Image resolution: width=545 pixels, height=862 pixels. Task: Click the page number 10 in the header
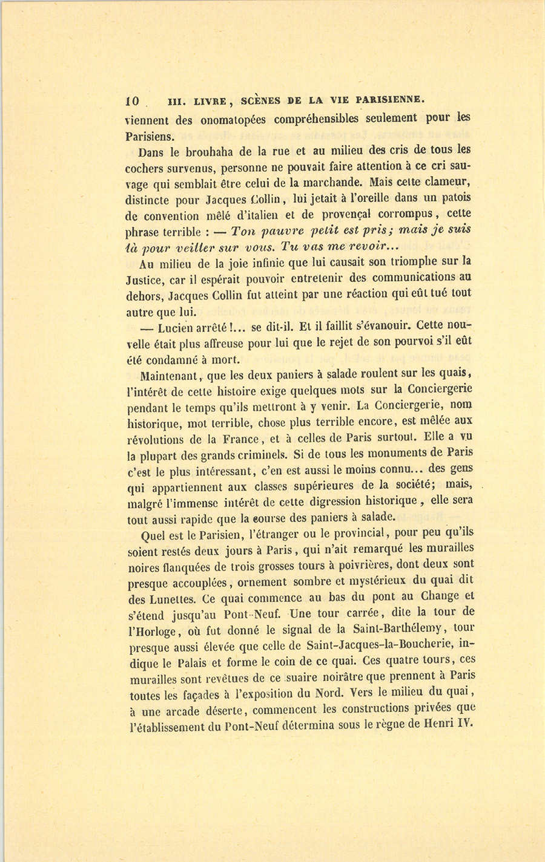click(x=133, y=101)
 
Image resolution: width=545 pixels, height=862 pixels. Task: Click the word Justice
click(x=160, y=280)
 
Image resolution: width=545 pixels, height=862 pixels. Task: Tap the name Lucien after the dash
click(x=178, y=328)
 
